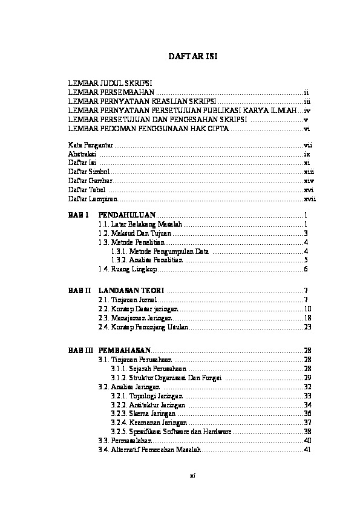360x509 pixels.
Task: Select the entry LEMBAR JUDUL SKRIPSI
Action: [110, 81]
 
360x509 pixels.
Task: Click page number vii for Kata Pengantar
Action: [307, 146]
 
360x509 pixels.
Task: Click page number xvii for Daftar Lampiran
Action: [310, 198]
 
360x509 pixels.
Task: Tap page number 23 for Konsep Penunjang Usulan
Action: [307, 326]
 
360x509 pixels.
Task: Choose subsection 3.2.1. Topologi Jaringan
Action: [148, 395]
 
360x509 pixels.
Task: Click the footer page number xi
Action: [192, 475]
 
